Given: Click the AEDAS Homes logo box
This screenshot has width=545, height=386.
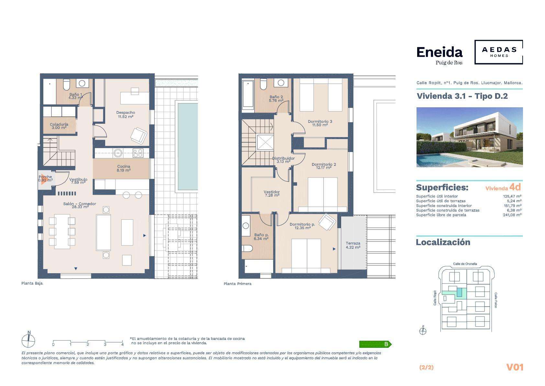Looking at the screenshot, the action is [498, 52].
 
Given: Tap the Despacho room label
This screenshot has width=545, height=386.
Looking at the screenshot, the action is [126, 114].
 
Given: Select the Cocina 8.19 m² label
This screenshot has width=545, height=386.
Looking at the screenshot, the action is [124, 169].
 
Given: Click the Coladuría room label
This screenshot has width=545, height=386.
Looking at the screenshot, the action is [59, 126].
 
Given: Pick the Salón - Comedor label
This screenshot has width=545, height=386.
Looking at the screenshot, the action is [80, 205].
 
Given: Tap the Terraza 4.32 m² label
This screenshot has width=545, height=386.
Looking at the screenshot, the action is [353, 245].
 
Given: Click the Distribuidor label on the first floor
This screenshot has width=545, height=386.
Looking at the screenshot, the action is [284, 160].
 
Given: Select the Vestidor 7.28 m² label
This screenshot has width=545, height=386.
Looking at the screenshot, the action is [272, 193].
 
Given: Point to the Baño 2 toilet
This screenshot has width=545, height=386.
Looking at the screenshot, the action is [263, 84].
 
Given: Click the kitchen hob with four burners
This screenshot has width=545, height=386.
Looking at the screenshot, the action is [138, 153].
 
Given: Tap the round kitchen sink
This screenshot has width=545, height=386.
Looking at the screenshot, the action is [118, 153].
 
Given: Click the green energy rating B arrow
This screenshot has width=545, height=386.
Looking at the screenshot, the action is [375, 344].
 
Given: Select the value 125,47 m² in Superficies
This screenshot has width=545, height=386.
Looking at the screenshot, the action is [512, 196].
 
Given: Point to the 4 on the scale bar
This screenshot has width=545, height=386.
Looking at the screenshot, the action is [122, 344].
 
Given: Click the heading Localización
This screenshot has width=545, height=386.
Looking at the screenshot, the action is [443, 242].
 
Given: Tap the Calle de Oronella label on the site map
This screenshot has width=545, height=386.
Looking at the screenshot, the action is [465, 264].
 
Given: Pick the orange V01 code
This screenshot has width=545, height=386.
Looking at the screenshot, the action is [515, 367].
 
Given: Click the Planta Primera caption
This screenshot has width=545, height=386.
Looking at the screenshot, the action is [238, 284].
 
